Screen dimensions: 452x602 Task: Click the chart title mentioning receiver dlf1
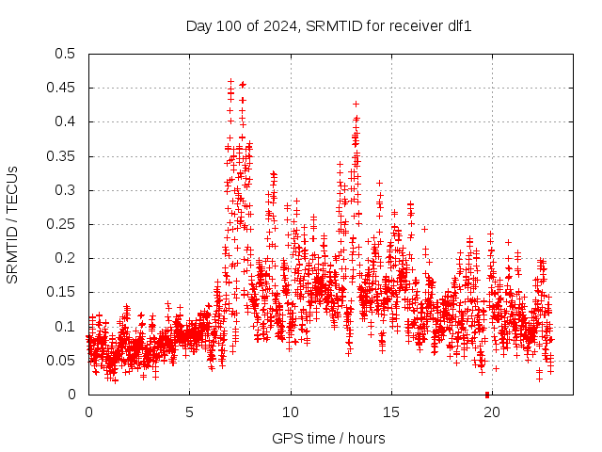tap(328, 26)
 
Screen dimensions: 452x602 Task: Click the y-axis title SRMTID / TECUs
tap(13, 224)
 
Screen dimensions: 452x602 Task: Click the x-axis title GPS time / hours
tap(328, 438)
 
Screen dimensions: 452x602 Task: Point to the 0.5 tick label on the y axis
tap(65, 54)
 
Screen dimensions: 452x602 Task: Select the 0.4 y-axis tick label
tap(65, 122)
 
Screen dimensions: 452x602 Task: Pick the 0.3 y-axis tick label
tap(65, 190)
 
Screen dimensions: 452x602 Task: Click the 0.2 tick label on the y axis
tap(65, 258)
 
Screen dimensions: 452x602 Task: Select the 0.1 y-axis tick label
tap(65, 327)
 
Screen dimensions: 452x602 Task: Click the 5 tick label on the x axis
tap(189, 412)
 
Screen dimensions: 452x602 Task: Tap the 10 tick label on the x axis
tap(291, 412)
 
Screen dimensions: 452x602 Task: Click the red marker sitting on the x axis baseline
tap(486, 394)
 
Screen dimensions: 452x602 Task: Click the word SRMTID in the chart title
tap(330, 26)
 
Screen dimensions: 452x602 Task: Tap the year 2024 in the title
tap(282, 26)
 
